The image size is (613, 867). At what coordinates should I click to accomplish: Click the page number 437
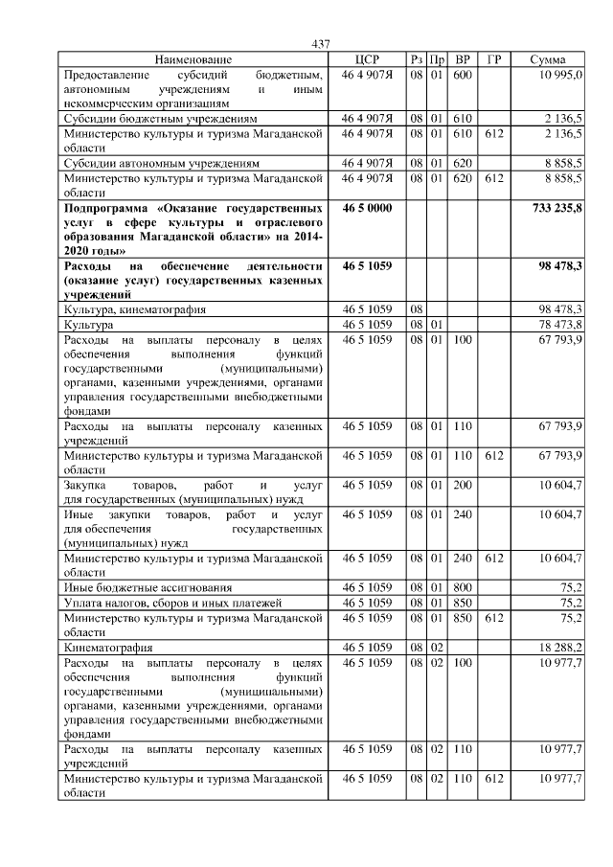click(321, 44)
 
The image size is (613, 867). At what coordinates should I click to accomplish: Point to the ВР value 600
click(463, 75)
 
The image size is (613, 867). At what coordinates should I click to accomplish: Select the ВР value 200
click(463, 485)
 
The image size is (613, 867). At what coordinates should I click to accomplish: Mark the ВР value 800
click(463, 586)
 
